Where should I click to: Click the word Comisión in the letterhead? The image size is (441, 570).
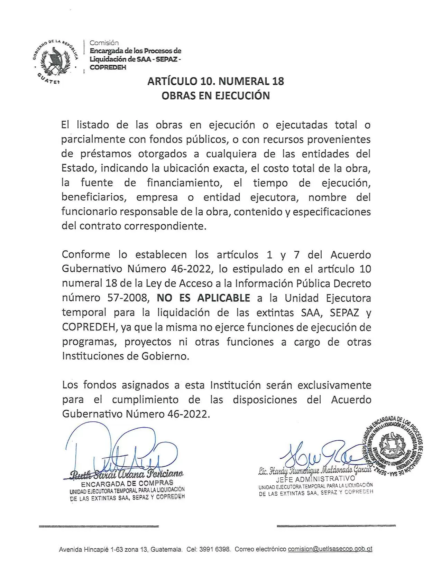(x=104, y=43)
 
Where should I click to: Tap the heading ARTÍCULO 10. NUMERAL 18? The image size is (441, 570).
(x=215, y=81)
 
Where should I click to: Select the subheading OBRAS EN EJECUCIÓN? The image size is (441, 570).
(x=215, y=95)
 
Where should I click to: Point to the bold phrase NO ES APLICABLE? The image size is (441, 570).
(x=203, y=298)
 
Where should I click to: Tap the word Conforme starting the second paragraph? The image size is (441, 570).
(x=86, y=255)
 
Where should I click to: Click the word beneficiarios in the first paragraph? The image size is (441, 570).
(x=93, y=197)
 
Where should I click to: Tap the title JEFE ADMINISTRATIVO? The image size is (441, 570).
(x=315, y=479)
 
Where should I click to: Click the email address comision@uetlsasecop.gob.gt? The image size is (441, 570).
(x=330, y=549)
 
